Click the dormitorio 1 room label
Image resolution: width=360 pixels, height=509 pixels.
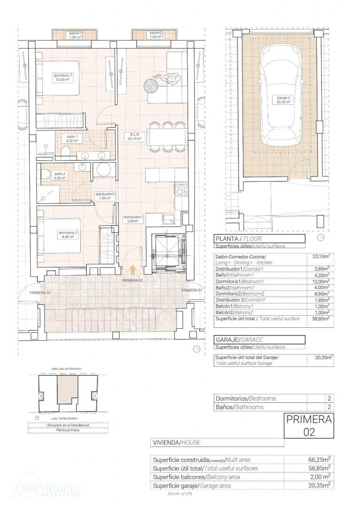[63, 77]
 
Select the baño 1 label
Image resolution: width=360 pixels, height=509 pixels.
[73, 138]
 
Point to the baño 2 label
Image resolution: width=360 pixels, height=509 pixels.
[60, 175]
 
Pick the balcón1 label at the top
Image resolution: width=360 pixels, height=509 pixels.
[75, 35]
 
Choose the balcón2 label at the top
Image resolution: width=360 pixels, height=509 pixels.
[155, 35]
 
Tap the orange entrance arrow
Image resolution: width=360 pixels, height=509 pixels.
[133, 269]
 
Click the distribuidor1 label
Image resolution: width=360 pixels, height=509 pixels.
[133, 219]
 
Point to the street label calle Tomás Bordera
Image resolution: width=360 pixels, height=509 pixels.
[63, 418]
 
